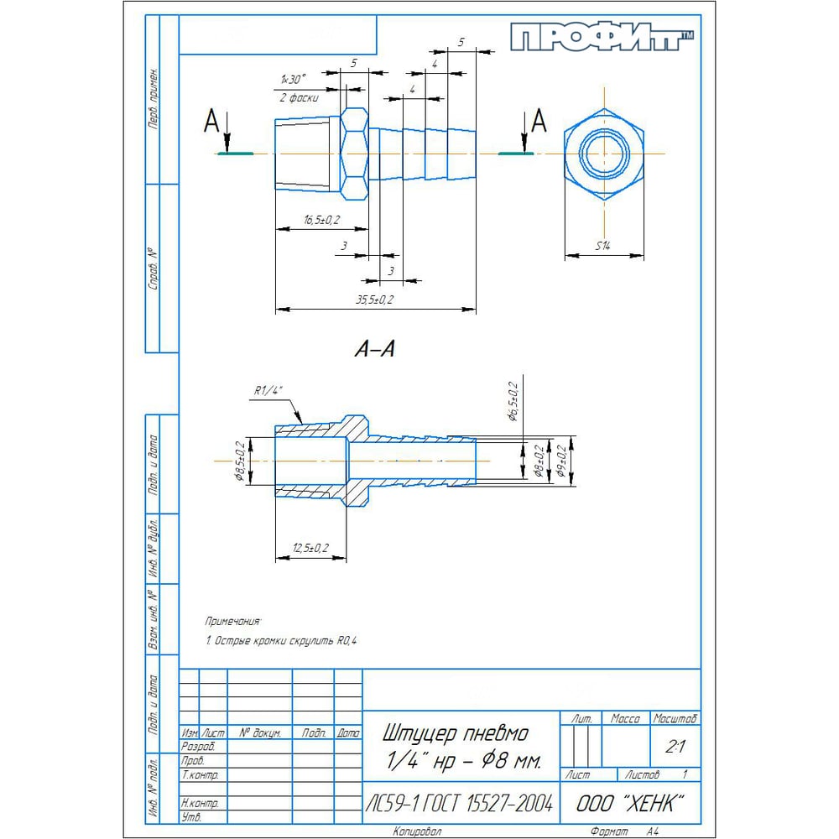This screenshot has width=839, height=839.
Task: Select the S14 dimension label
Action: point(602,246)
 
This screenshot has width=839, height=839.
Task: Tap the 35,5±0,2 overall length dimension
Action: point(374,300)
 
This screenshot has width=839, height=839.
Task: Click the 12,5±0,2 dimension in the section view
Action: point(310,548)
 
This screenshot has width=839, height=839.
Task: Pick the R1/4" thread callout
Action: point(270,391)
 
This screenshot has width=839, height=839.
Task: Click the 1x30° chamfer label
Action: point(294,78)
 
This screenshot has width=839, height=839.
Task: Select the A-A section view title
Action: point(374,350)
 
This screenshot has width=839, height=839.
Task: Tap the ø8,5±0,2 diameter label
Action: point(239,461)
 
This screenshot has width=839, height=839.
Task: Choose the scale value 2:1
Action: point(673,746)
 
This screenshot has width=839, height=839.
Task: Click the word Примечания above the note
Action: point(233,622)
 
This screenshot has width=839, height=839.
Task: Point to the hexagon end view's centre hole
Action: point(603,154)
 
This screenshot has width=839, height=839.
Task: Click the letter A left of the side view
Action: point(211,123)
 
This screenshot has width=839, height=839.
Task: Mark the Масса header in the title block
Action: point(626,719)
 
